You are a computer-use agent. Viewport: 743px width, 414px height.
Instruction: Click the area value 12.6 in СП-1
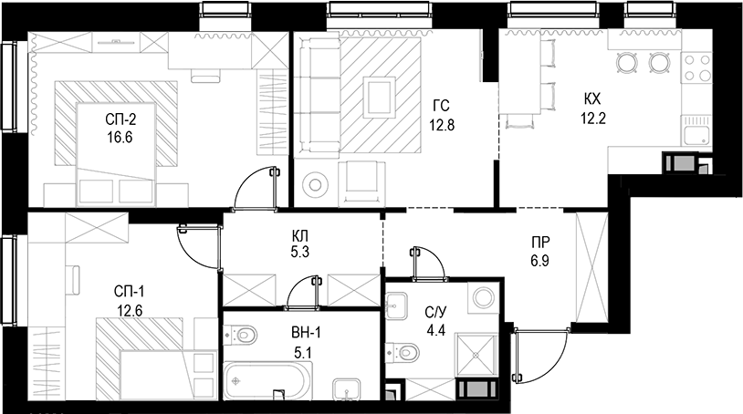coord(129,308)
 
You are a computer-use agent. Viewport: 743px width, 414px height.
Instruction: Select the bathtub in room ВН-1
coord(267,380)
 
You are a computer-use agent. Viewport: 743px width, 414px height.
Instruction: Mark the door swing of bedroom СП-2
coord(256,187)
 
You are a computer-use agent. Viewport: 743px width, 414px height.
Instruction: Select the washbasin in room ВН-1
coord(346,388)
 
